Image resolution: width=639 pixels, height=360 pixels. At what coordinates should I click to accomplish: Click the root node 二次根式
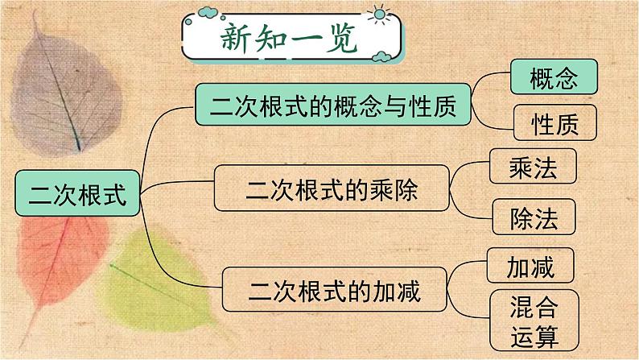(77, 193)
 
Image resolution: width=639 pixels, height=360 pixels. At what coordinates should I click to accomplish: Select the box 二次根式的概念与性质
(333, 105)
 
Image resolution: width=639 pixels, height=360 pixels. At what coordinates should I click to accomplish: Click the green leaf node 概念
(554, 78)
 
